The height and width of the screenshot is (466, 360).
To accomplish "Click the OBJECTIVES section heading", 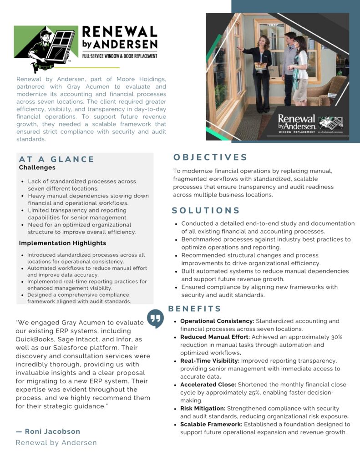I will pos(210,157).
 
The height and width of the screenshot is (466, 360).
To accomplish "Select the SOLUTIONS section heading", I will pos(206,211).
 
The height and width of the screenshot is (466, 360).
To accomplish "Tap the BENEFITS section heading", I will pos(195,309).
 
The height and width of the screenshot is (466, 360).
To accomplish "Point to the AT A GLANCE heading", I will pos(56,159).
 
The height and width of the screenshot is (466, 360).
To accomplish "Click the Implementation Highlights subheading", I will pos(62,243).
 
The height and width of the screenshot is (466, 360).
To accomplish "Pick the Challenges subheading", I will pos(37,167).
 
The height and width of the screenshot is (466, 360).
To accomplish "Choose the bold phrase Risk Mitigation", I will pos(203,409).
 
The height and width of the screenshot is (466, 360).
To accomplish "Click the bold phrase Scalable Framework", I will pos(211,425).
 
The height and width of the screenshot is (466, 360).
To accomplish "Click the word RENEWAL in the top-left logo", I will pos(119,32).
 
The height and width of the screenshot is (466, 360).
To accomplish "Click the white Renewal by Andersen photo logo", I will pos(297,122).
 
